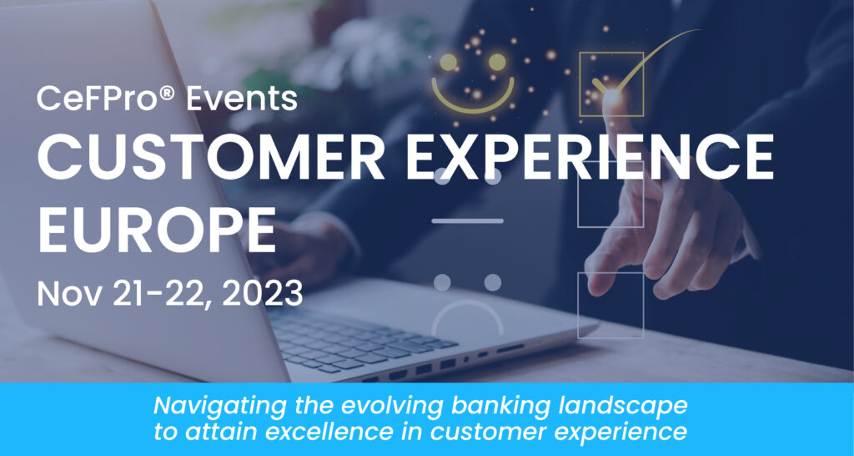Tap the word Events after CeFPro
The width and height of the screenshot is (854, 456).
click(243, 99)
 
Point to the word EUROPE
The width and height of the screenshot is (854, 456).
click(156, 230)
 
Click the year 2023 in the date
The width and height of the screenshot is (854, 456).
click(263, 295)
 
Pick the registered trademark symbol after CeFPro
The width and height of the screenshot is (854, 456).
click(168, 94)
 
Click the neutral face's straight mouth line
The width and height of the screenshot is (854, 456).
click(467, 221)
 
